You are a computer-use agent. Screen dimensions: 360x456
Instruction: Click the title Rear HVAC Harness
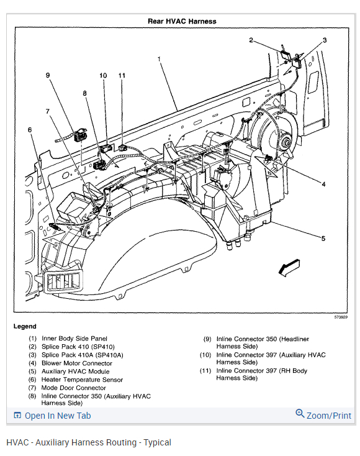(x=182, y=21)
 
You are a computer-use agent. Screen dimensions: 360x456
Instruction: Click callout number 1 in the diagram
(x=160, y=59)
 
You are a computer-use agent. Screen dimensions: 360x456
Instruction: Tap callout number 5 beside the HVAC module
(x=323, y=239)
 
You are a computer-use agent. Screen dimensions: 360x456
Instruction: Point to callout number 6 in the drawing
(x=30, y=130)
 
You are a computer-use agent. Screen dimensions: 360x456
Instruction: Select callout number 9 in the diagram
(x=48, y=75)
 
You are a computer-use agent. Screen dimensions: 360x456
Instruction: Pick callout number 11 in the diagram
(x=122, y=76)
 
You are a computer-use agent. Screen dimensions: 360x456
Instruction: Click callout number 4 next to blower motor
(x=323, y=184)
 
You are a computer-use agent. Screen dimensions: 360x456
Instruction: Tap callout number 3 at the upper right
(x=325, y=40)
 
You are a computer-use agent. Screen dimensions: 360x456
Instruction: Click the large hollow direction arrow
(x=289, y=267)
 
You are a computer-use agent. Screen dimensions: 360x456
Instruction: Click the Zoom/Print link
(x=329, y=416)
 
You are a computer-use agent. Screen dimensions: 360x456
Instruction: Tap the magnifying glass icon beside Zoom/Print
(x=300, y=413)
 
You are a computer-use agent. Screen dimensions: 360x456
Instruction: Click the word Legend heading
(x=25, y=326)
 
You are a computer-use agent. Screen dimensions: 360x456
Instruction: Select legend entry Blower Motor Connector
(x=77, y=363)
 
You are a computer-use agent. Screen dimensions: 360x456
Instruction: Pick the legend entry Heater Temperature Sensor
(x=82, y=380)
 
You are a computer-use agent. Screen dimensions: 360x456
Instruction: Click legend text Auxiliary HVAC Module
(x=76, y=372)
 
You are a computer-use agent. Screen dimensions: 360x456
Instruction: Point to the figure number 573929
(x=341, y=317)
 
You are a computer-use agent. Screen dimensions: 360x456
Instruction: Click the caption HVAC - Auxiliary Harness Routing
(x=71, y=442)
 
